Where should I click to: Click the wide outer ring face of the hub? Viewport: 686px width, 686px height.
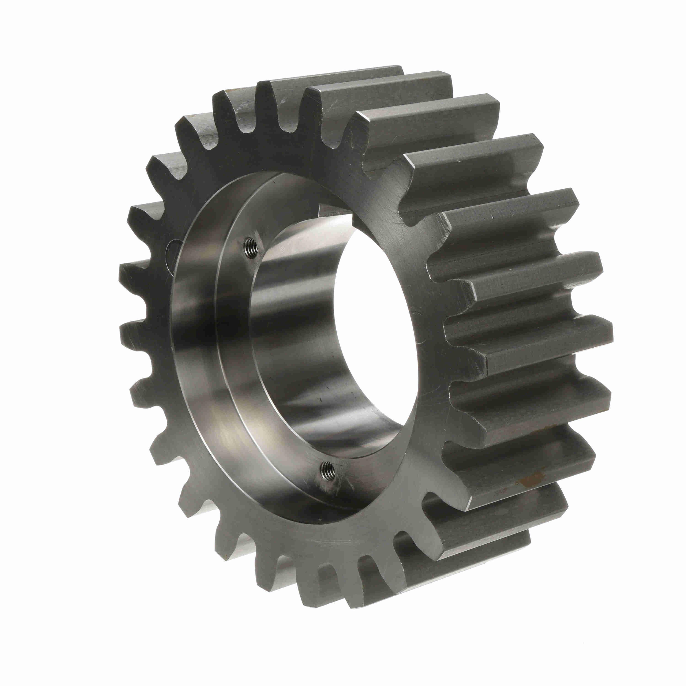pyautogui.click(x=199, y=355)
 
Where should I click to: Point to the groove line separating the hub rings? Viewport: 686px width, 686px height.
pyautogui.click(x=216, y=355)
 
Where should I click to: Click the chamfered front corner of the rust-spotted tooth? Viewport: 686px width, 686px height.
pyautogui.click(x=469, y=490)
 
